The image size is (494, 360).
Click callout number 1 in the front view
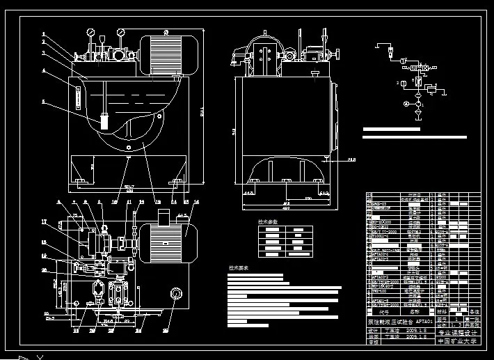43,33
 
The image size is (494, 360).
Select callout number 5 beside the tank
43,102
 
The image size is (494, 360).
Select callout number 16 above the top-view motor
196,203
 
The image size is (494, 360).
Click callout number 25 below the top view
166,330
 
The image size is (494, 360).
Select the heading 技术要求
239,267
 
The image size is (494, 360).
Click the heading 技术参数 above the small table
268,221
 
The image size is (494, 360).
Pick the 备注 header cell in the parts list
475,312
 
